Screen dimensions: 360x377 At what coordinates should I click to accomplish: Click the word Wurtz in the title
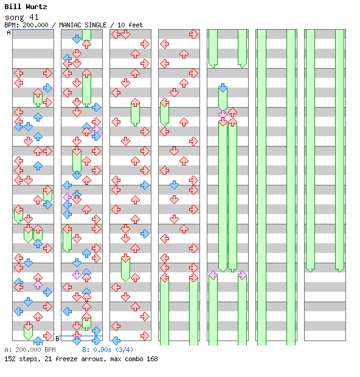pyautogui.click(x=36, y=7)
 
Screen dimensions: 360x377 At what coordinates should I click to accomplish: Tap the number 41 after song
pyautogui.click(x=34, y=17)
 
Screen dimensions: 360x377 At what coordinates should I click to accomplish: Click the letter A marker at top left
pyautogui.click(x=9, y=32)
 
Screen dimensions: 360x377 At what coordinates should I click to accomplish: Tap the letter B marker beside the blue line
pyautogui.click(x=57, y=339)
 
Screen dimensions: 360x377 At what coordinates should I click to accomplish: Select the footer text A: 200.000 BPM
pyautogui.click(x=30, y=350)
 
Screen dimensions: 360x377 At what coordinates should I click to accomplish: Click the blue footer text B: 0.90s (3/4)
pyautogui.click(x=108, y=350)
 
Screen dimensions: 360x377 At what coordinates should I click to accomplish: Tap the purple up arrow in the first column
pyautogui.click(x=38, y=285)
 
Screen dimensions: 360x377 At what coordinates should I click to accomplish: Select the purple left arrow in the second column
pyautogui.click(x=67, y=197)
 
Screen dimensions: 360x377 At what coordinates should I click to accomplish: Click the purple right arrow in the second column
pyautogui.click(x=96, y=129)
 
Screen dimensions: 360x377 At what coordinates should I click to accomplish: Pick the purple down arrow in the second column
pyautogui.click(x=77, y=275)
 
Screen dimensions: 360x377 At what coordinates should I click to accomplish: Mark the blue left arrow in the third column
pyautogui.click(x=116, y=341)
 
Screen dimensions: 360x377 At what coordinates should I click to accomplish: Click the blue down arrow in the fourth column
pyautogui.click(x=174, y=185)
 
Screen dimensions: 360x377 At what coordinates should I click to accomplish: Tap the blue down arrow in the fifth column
pyautogui.click(x=223, y=88)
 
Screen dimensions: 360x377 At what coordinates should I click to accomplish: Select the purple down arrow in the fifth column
pyautogui.click(x=223, y=114)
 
